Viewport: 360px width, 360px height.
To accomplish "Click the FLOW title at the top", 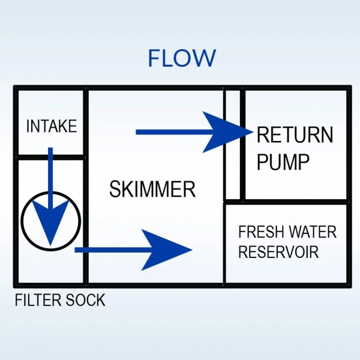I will click(x=181, y=58).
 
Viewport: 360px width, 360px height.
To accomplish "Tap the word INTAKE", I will click(x=52, y=127).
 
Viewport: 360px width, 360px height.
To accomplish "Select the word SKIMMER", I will click(x=152, y=190).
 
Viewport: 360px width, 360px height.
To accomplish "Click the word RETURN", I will click(x=295, y=135).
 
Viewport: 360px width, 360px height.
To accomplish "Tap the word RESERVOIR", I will click(x=278, y=252).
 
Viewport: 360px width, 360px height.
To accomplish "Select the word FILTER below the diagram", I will click(x=37, y=300).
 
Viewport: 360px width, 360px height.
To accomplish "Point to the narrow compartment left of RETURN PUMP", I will click(x=232, y=144).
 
